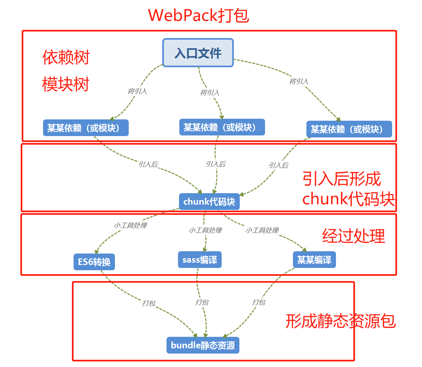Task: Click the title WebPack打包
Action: tap(198, 15)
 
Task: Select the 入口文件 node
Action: tap(198, 53)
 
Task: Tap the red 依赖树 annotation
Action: tap(66, 57)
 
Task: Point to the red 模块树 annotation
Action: tap(66, 84)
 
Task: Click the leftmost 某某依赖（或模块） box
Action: tap(86, 128)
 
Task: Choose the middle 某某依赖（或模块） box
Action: tap(222, 127)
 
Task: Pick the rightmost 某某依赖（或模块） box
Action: tap(349, 129)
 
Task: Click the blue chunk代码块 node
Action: tap(209, 201)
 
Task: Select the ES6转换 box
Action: tap(94, 262)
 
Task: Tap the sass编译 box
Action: tap(200, 260)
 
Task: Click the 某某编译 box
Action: tap(314, 260)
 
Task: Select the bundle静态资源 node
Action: tap(203, 345)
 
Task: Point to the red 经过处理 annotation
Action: tap(353, 236)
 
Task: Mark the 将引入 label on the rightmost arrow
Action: tap(299, 81)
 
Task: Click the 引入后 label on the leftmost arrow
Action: tap(148, 164)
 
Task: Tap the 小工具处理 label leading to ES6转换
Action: tap(130, 225)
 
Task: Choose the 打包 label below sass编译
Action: tap(202, 302)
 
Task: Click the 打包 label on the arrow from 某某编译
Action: tap(258, 302)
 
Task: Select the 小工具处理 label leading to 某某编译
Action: tap(262, 230)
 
